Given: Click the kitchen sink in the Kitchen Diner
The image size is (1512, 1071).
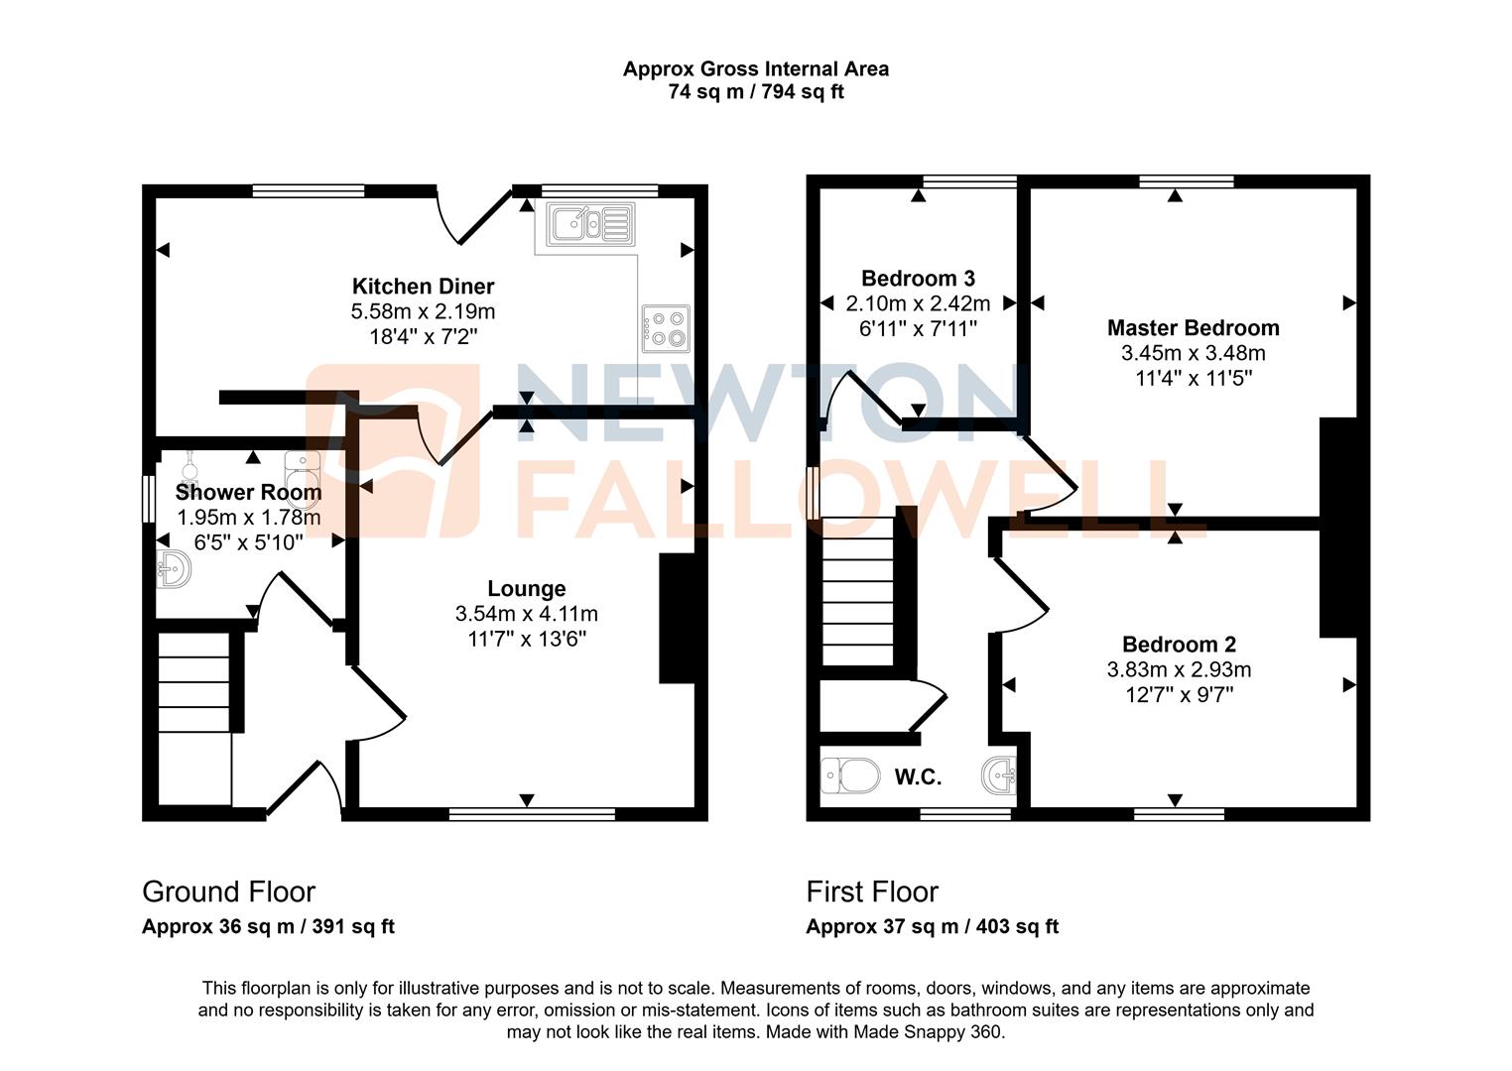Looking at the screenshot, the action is pos(591,224).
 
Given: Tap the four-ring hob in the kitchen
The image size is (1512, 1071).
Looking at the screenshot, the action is pos(666,328).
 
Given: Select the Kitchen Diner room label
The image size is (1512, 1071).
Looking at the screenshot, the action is pos(424,287).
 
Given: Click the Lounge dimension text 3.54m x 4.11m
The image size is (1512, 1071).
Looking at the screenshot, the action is pos(527,614).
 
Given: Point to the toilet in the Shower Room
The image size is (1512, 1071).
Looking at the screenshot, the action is pos(302,478).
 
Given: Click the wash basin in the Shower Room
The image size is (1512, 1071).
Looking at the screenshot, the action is pos(174,568).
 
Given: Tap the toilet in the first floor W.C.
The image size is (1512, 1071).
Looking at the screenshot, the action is pos(850,775).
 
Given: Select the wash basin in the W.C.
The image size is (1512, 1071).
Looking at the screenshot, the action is pos(998,775).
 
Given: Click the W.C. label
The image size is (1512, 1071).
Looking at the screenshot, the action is pos(918,776).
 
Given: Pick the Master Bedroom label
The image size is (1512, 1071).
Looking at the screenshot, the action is pos(1194,328).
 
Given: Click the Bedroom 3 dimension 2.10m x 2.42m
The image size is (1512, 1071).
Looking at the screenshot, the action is pos(918,303).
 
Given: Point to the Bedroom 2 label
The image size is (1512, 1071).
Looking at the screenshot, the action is pos(1180,645).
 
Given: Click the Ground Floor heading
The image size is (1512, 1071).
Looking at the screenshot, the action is pos(229,892).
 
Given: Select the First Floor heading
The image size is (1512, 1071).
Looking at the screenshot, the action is pos(872,892).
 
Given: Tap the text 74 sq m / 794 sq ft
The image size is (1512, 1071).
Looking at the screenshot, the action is pos(756,91).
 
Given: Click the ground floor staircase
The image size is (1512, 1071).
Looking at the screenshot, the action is pos(194,718).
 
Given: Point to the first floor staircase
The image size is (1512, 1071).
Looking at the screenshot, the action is pos(857,591).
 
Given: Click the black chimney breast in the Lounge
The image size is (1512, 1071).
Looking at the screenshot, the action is pos(677,618).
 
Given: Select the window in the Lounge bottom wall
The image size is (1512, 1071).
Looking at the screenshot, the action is pos(532,814).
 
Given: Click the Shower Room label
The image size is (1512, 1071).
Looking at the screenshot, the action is pos(248,492).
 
